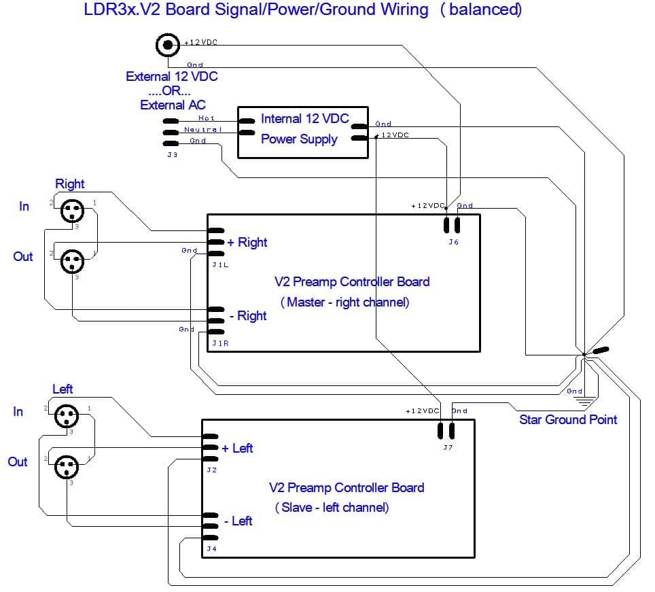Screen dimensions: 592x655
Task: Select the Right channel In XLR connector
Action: pos(71,210)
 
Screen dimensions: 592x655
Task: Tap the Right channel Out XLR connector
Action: pos(71,260)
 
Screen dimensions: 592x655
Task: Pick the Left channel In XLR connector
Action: pos(67,415)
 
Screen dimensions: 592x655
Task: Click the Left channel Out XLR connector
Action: pos(67,466)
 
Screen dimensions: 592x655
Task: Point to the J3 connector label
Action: pos(172,154)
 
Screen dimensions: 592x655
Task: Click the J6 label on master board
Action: pos(453,242)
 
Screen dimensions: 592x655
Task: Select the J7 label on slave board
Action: pos(447,447)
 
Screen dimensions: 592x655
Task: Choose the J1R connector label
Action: pos(220,343)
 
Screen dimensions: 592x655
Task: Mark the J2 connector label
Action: pos(211,470)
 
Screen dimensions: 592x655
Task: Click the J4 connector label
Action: pos(211,549)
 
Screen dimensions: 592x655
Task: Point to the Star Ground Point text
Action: pos(568,419)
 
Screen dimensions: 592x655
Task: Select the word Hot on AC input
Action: pos(206,118)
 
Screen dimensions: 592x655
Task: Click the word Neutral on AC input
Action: pos(202,129)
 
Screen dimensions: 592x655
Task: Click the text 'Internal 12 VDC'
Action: pos(305,119)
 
